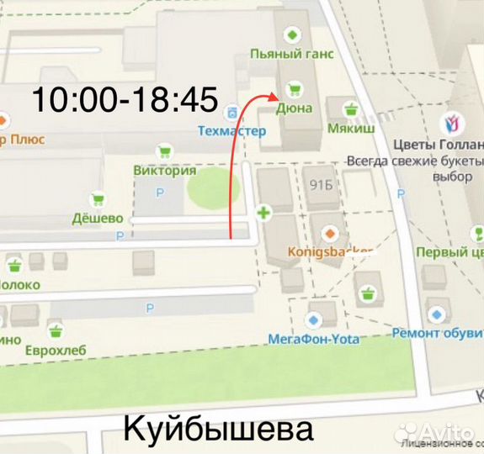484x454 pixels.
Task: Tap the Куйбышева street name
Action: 219,429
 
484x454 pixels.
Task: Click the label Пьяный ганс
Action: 292,54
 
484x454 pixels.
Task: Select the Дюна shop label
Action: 294,108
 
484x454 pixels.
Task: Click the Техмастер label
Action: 231,131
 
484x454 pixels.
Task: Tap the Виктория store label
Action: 165,170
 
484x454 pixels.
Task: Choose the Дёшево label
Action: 99,219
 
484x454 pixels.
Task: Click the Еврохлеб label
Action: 55,349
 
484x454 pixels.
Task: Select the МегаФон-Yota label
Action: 313,339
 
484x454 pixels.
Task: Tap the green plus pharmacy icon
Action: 264,213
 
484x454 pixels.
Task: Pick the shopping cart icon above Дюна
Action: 294,87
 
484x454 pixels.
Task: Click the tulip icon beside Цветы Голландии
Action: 452,124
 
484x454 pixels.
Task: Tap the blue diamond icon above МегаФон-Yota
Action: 314,319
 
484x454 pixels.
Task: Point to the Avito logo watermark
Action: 439,431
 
